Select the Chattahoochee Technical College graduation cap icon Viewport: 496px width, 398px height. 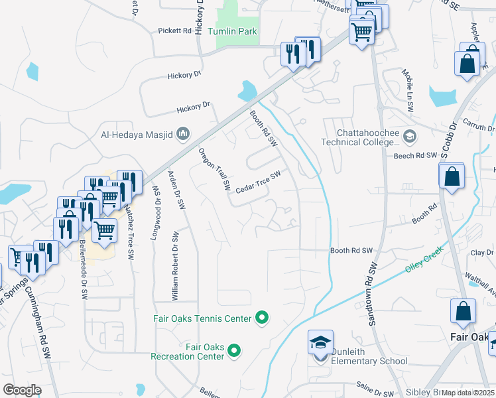[x=410, y=136]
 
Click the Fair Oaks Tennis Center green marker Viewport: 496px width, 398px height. [x=262, y=318]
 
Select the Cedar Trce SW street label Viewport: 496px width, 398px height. [x=259, y=181]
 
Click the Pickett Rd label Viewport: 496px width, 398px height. [x=174, y=31]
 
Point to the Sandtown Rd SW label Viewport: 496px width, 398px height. [x=372, y=293]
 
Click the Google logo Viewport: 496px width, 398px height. [x=22, y=389]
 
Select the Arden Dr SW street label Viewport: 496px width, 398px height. [x=178, y=191]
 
